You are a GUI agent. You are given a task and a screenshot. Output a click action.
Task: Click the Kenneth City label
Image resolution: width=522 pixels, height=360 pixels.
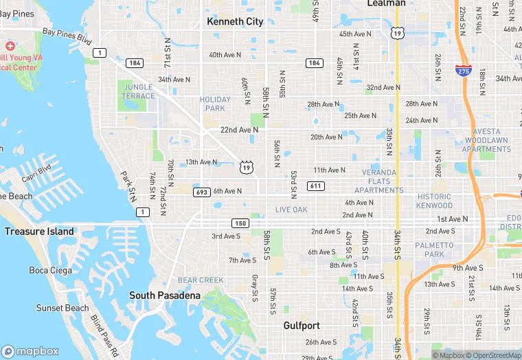pyautogui.click(x=235, y=21)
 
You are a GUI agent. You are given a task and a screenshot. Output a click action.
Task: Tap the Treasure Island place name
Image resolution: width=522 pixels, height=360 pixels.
pyautogui.click(x=39, y=232)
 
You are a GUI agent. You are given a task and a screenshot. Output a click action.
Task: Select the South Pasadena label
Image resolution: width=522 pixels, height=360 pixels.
pyautogui.click(x=165, y=295)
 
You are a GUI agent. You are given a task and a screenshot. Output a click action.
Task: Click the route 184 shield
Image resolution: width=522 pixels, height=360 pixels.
pyautogui.click(x=135, y=63)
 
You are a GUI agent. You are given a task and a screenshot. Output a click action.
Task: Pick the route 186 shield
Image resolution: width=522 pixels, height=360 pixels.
pyautogui.click(x=314, y=63)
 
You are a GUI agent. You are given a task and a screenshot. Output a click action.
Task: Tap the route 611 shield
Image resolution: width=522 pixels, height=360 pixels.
pyautogui.click(x=315, y=186)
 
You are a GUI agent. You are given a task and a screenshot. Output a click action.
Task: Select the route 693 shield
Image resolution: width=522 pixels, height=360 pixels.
pyautogui.click(x=201, y=192)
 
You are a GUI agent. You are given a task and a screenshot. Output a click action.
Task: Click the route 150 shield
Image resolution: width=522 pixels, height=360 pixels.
pyautogui.click(x=239, y=223)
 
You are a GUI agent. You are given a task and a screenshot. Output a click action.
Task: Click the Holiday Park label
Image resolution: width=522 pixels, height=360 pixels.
pyautogui.click(x=215, y=104)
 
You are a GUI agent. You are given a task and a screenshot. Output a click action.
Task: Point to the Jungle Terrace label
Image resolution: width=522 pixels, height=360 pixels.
pyautogui.click(x=137, y=91)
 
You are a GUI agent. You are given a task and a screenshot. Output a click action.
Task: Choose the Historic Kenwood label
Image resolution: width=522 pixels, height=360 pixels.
pyautogui.click(x=435, y=201)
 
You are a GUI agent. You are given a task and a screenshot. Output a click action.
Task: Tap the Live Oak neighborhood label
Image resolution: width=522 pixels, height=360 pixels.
pyautogui.click(x=291, y=210)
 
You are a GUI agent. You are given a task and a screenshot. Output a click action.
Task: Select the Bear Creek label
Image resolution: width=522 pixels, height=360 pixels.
pyautogui.click(x=201, y=280)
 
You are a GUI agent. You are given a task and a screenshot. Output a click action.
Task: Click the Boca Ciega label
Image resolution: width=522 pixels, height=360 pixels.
pyautogui.click(x=47, y=270)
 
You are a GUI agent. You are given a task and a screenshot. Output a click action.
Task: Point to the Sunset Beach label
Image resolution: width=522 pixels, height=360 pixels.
pyautogui.click(x=63, y=308)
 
